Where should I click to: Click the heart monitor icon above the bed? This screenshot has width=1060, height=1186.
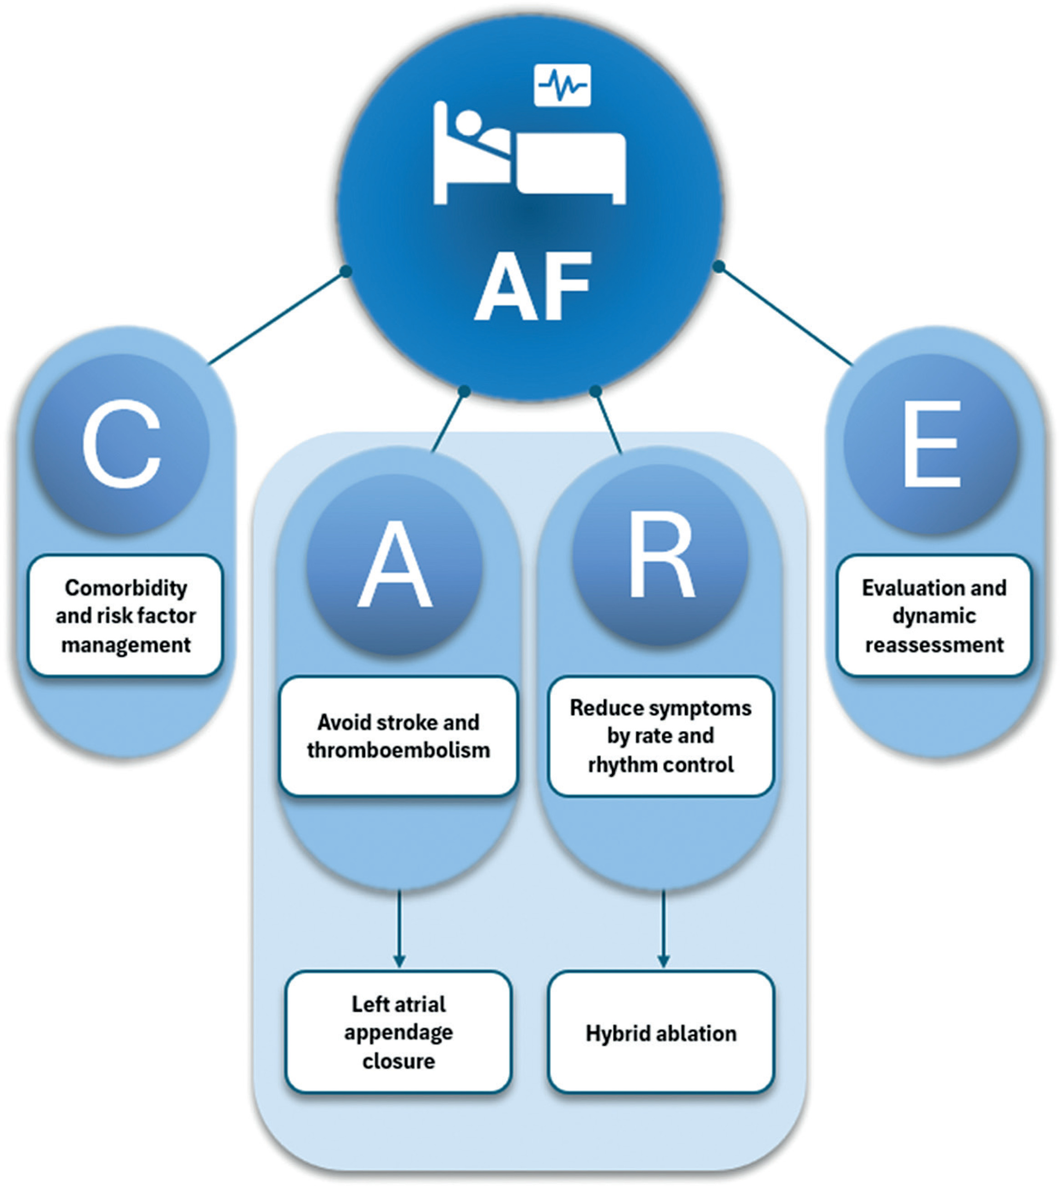[562, 86]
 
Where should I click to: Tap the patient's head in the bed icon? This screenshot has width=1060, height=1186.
[468, 123]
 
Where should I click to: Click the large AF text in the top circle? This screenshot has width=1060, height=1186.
[533, 287]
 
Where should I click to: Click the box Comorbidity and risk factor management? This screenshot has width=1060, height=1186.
[126, 616]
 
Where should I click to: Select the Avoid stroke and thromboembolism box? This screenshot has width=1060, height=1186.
[398, 736]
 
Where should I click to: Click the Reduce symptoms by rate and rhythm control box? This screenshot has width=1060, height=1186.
[660, 736]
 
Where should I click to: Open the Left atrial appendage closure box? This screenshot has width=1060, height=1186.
[398, 1032]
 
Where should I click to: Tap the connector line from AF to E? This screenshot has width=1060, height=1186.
[785, 316]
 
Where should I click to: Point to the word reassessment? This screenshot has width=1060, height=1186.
[934, 645]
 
